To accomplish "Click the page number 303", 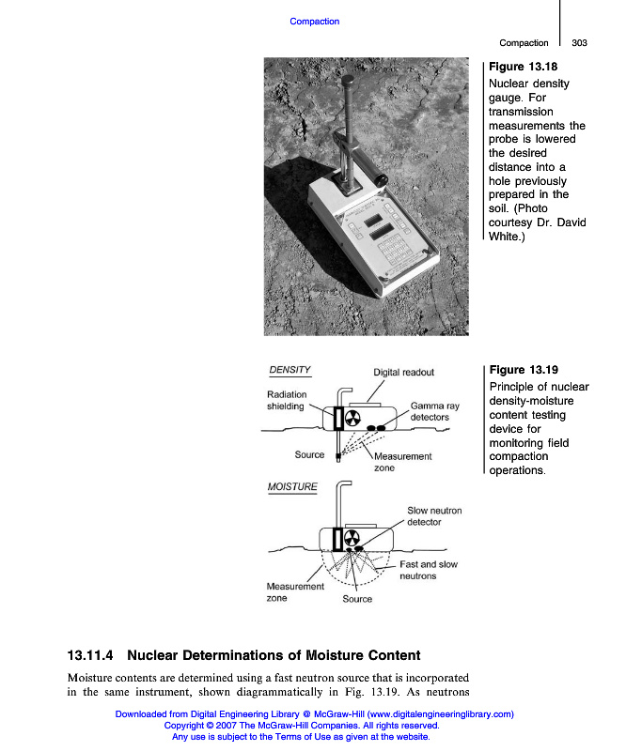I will point(579,43).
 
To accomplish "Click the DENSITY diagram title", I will point(290,370).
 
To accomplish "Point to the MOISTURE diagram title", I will point(293,487).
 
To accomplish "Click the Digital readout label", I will point(404,372).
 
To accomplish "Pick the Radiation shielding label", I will point(286,401).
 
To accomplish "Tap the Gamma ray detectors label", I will point(434,411).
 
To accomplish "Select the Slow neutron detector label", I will point(434,516).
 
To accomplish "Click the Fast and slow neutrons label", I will point(429,570).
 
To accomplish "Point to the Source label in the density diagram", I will point(309,455).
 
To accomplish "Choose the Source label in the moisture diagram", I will point(357,599).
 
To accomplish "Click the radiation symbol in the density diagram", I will point(353,418).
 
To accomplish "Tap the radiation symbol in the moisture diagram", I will point(353,539).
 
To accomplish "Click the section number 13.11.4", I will point(90,655).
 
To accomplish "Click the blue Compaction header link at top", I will point(314,22).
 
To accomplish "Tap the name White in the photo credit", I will point(506,237).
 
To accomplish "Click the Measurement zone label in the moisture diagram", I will point(295,592).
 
